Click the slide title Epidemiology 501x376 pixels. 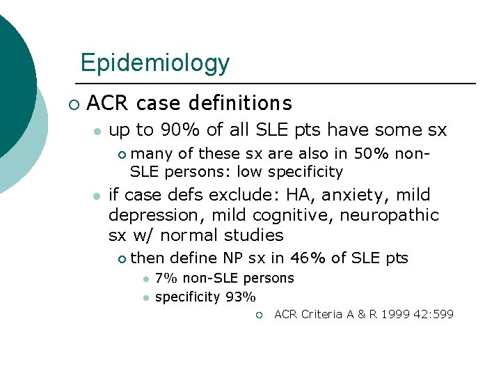154,63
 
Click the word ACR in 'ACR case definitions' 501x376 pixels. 109,103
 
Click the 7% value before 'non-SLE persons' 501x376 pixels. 164,278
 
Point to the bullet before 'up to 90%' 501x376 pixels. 98,131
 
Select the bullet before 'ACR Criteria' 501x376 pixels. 258,315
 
